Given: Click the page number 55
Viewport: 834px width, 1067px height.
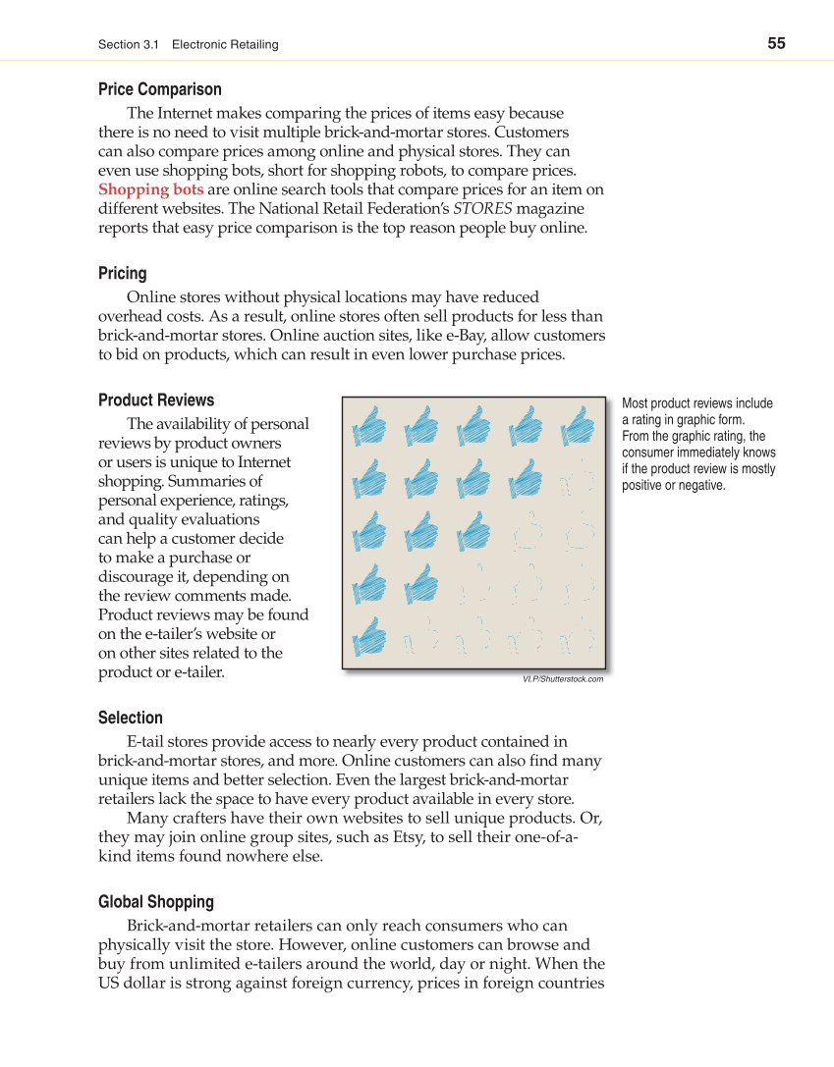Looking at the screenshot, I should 776,43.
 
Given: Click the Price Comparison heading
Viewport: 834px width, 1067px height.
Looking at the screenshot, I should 159,89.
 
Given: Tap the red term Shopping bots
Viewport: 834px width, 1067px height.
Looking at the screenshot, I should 151,189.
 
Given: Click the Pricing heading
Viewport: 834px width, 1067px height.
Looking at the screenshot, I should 122,273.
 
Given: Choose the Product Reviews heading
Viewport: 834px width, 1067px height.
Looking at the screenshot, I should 155,400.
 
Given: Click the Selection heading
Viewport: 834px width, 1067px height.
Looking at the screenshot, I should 130,718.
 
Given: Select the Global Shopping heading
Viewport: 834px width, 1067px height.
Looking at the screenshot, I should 155,901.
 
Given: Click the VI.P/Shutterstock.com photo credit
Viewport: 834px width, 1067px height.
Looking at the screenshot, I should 563,678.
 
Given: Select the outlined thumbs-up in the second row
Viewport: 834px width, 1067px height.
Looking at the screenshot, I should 578,480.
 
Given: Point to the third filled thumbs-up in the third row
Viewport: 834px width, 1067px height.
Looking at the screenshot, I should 474,532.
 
